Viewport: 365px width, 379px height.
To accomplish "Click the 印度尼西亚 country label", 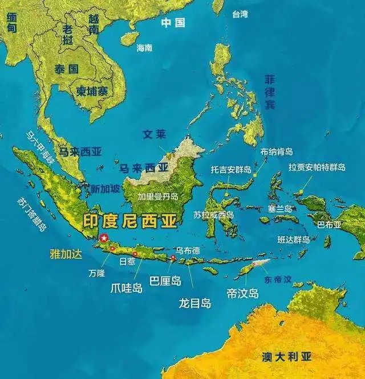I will point(131,221).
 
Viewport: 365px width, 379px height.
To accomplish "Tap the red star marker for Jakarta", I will point(104,238).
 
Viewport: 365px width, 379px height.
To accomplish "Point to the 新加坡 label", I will point(106,189).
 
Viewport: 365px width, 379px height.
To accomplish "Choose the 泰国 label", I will point(66,69).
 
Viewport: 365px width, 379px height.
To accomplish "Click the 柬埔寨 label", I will point(92,90).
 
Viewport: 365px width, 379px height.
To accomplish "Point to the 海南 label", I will point(144,48).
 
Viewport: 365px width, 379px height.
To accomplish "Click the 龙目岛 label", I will point(194,303).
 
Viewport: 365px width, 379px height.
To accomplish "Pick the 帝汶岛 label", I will point(242,294).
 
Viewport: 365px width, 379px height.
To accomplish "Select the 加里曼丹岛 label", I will point(158,196).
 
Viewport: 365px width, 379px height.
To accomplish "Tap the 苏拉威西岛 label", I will point(213,215).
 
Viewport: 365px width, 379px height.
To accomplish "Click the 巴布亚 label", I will point(329,224).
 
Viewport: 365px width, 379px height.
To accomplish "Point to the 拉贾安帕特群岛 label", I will point(317,167).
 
